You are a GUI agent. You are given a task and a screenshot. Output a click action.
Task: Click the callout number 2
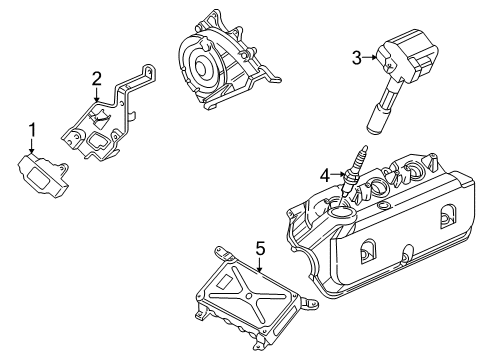pos(96,78)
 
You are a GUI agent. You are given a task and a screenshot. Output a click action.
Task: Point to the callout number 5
pos(259,248)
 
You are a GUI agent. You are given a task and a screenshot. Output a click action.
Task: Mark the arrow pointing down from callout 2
pos(96,94)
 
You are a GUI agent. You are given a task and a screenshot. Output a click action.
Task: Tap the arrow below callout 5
pos(259,264)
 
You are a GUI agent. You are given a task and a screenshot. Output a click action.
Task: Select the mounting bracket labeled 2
pos(107,126)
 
